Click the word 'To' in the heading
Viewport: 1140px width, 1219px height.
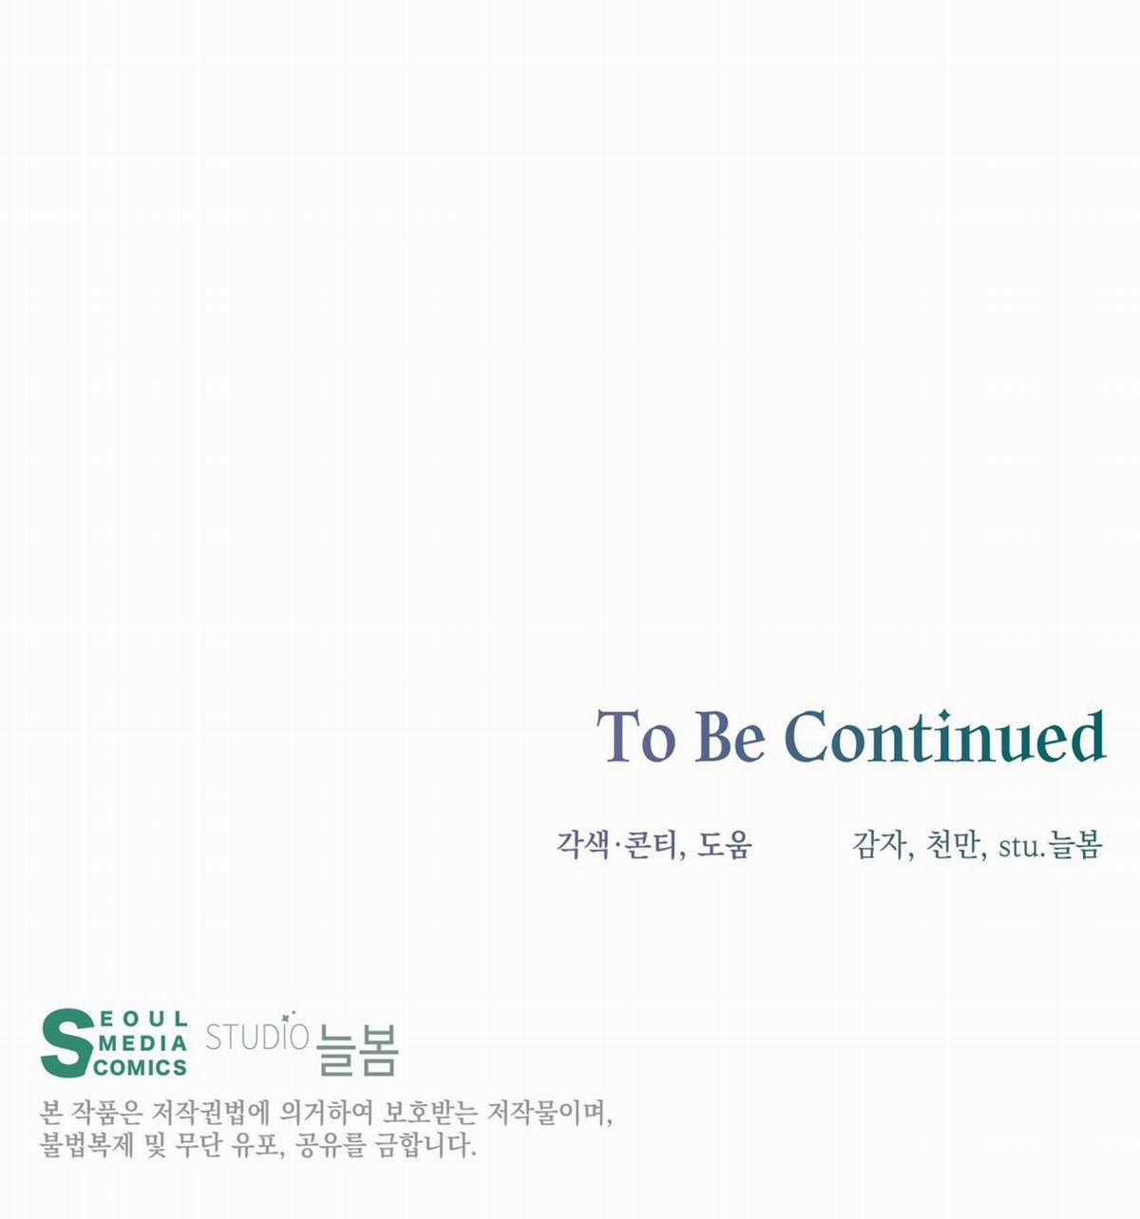coord(636,737)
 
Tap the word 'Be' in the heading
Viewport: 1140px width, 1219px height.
coord(731,737)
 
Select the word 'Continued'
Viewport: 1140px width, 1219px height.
coord(946,736)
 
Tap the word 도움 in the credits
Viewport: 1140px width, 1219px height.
coord(725,845)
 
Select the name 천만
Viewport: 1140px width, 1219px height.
coord(952,845)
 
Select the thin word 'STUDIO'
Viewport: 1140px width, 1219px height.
coord(256,1037)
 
